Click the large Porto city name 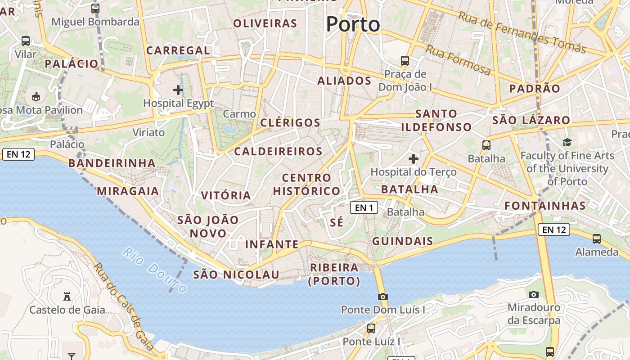(353, 24)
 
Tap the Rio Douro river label (154, 270)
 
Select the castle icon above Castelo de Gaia (67, 297)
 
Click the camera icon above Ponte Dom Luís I (383, 297)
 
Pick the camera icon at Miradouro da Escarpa (534, 294)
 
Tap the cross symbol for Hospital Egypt (178, 90)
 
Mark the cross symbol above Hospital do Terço (414, 158)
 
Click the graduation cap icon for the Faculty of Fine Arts (567, 143)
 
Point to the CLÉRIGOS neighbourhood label (290, 123)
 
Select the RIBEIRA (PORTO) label (334, 274)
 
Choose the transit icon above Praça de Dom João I (405, 60)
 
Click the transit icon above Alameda (597, 239)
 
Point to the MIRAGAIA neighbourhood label (128, 191)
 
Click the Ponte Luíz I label (371, 342)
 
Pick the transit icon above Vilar (26, 41)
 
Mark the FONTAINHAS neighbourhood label (545, 206)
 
